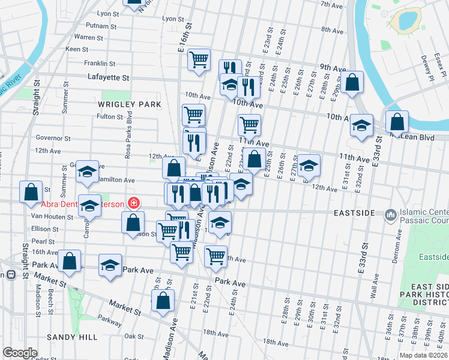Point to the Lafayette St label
109,77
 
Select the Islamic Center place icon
391,214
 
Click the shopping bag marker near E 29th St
354,83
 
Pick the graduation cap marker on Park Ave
110,265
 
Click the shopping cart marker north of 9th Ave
199,60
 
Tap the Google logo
20,352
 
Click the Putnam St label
101,26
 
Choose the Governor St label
53,137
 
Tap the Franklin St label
99,63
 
